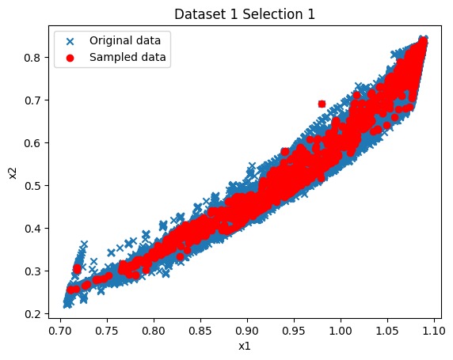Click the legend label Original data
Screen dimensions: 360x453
pyautogui.click(x=124, y=40)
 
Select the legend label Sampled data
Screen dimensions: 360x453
pyautogui.click(x=123, y=57)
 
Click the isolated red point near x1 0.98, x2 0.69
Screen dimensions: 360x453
pyautogui.click(x=322, y=104)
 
